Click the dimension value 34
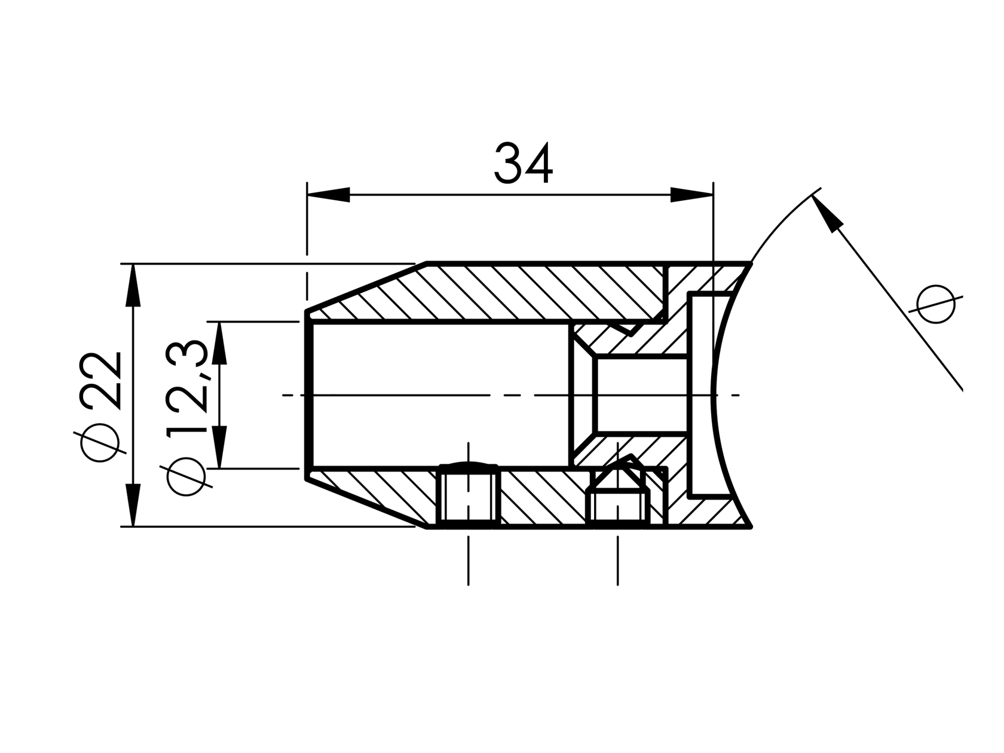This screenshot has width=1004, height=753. click(x=524, y=163)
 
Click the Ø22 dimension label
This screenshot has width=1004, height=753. click(x=101, y=406)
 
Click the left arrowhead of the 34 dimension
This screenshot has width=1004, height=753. click(x=328, y=195)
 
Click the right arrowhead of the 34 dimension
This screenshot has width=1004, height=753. click(x=691, y=195)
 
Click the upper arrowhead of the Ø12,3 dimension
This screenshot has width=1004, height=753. click(x=220, y=344)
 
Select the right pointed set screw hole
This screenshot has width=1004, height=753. click(x=618, y=493)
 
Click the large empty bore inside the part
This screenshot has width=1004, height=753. click(x=439, y=394)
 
